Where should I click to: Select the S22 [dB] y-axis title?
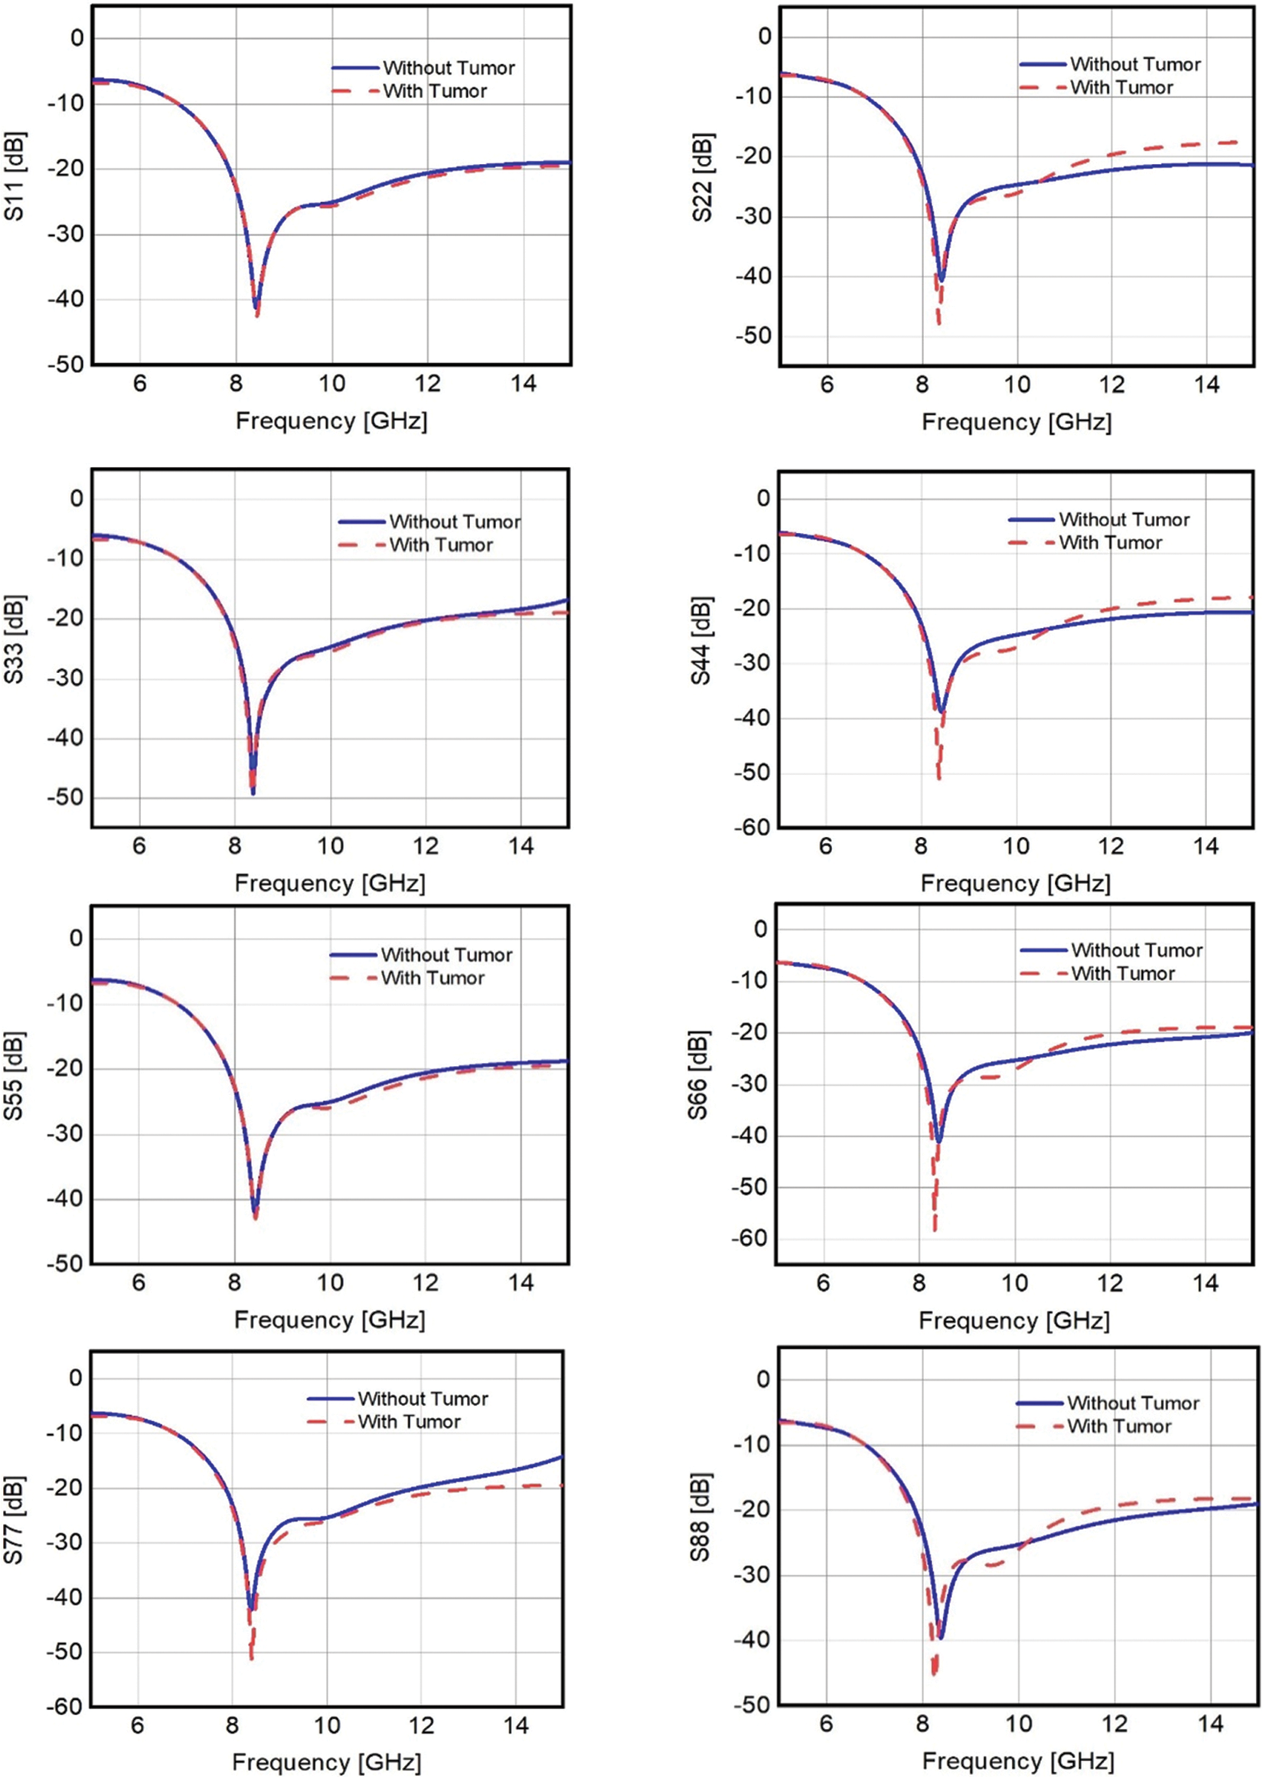point(703,178)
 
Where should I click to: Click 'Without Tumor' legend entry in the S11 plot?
point(448,67)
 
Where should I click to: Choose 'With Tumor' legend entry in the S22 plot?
point(1121,87)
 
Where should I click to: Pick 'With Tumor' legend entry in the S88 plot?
point(1118,1426)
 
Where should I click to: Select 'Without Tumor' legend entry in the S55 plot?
point(446,954)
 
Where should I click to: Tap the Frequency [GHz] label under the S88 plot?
point(1017,1760)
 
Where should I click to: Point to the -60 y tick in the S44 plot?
point(750,829)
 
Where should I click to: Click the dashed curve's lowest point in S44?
point(938,778)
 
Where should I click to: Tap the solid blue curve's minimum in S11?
point(254,308)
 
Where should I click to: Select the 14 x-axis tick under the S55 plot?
point(521,1283)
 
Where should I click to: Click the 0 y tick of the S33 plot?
point(77,498)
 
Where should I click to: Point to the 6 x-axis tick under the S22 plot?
point(826,385)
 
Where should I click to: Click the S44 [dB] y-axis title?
point(701,642)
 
